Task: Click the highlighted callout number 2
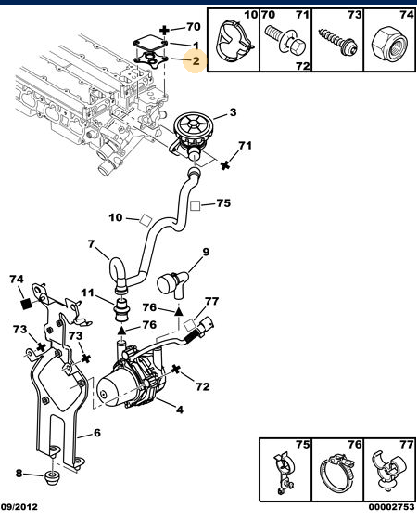[x=196, y=60]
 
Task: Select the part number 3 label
[x=233, y=112]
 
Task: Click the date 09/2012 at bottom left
[x=19, y=507]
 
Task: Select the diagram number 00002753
[x=391, y=507]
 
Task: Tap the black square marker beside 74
[x=26, y=304]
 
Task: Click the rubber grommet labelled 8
[x=52, y=477]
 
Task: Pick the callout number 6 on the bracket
[x=96, y=433]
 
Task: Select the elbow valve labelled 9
[x=172, y=284]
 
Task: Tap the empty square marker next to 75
[x=196, y=206]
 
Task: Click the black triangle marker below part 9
[x=179, y=312]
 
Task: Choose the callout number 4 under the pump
[x=179, y=410]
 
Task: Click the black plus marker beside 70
[x=164, y=31]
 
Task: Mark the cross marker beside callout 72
[x=176, y=369]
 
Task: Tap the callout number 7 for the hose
[x=92, y=244]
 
